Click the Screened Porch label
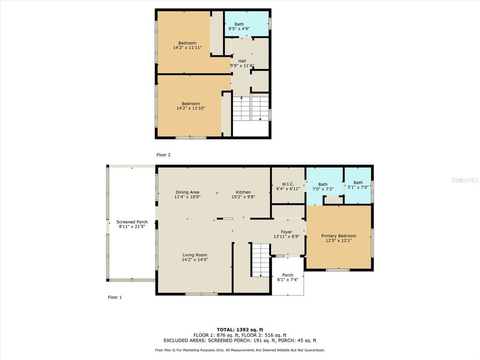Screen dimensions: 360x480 coord(132,222)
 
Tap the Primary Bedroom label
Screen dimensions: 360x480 coord(338,236)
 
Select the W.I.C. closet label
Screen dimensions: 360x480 coord(288,183)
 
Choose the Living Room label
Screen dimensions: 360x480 coord(195,255)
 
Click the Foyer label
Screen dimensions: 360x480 coord(286,232)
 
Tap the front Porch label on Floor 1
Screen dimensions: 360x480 coord(287,275)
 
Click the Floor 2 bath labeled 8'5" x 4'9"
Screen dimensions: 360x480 coord(239,29)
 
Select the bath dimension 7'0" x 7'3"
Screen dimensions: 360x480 coord(323,189)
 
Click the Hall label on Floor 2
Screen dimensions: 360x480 coord(242,61)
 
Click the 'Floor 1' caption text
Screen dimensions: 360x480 coord(115,297)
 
